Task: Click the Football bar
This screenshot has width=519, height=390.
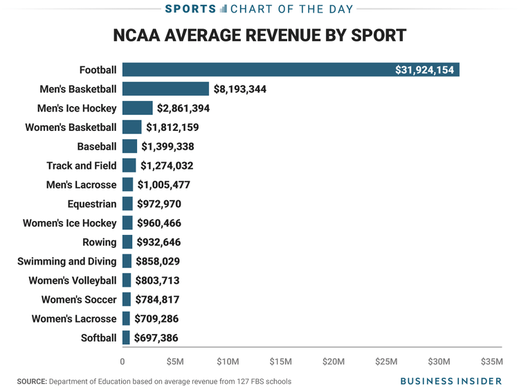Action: (x=291, y=70)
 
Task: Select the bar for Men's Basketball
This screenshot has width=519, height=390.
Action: (x=165, y=89)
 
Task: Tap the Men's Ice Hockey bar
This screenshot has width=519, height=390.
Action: (x=137, y=108)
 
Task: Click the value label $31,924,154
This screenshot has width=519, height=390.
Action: (x=424, y=70)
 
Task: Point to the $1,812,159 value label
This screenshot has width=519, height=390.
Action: (x=177, y=127)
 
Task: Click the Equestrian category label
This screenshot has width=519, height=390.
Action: (x=92, y=204)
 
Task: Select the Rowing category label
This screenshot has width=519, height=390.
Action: (x=100, y=242)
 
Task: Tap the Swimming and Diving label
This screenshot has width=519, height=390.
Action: (x=67, y=261)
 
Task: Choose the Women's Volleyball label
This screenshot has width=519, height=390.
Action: (x=73, y=281)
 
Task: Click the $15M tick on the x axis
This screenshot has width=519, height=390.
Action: (x=280, y=362)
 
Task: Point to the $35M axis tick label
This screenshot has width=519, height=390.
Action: (x=491, y=362)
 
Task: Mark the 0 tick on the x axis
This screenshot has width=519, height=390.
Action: (x=122, y=362)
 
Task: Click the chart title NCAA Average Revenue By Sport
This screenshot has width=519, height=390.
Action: (x=259, y=35)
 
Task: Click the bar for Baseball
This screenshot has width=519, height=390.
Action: (x=129, y=146)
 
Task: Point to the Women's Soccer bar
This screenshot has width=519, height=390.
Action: (x=127, y=299)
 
